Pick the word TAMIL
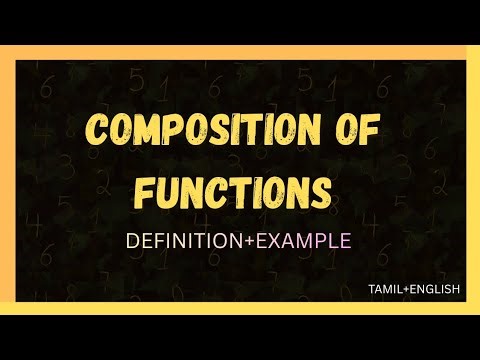(384, 289)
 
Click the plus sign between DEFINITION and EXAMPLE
(248, 241)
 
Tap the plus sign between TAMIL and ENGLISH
(406, 289)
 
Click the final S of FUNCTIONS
(319, 191)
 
